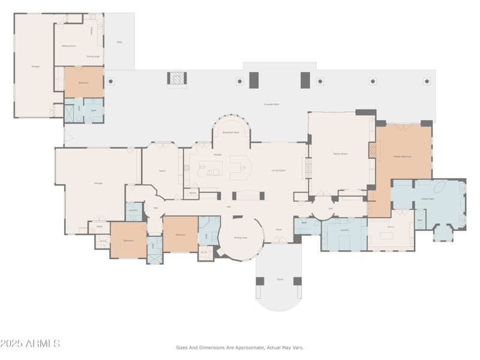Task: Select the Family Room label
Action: (x=340, y=154)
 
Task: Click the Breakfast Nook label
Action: (x=231, y=132)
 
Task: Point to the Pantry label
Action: (x=193, y=193)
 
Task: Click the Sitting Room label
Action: (x=68, y=46)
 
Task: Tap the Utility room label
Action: (x=100, y=227)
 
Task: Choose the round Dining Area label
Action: (x=240, y=238)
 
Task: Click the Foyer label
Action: (x=278, y=229)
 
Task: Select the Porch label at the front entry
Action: (x=280, y=278)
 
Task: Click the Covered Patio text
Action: (x=271, y=104)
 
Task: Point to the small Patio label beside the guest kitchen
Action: (x=119, y=42)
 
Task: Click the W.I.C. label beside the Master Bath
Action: (x=391, y=227)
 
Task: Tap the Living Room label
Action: (x=278, y=170)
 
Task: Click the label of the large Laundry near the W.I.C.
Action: (x=344, y=230)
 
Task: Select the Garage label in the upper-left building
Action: (x=35, y=66)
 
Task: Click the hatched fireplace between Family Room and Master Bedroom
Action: (x=372, y=150)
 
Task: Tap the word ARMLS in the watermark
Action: (x=42, y=344)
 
